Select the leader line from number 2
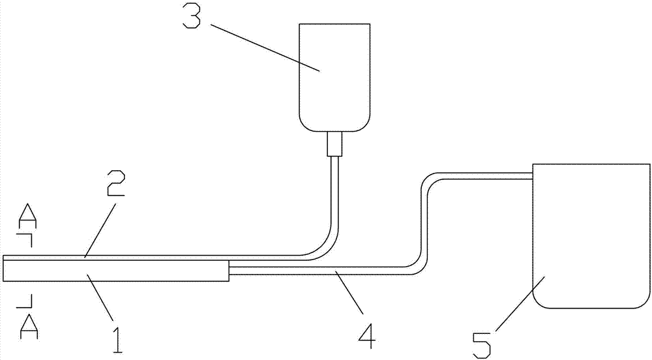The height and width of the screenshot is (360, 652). point(101,229)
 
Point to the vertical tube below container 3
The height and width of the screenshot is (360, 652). point(334,196)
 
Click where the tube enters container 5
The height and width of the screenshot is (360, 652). point(531,175)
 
